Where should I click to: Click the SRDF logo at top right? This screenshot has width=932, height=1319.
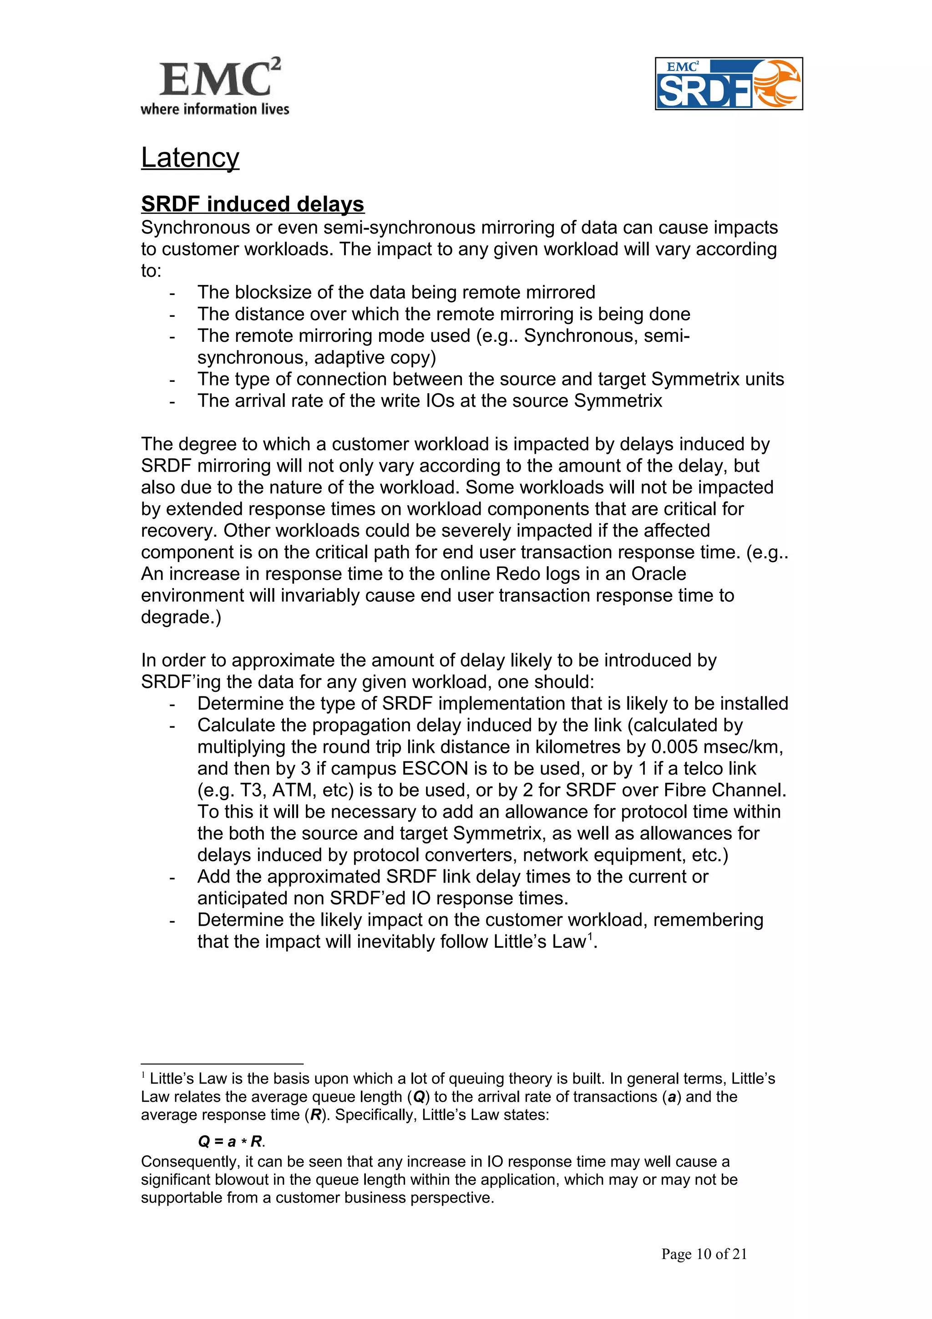pyautogui.click(x=728, y=84)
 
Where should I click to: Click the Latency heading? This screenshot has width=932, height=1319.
pyautogui.click(x=190, y=157)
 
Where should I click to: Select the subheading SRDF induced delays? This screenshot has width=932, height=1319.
pyautogui.click(x=253, y=204)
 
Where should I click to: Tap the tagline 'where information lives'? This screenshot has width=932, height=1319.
pyautogui.click(x=215, y=109)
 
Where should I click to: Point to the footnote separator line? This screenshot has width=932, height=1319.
pyautogui.click(x=222, y=1064)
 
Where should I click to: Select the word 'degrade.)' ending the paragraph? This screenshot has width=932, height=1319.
pyautogui.click(x=181, y=617)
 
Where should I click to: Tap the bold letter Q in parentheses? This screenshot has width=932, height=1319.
pyautogui.click(x=419, y=1097)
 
